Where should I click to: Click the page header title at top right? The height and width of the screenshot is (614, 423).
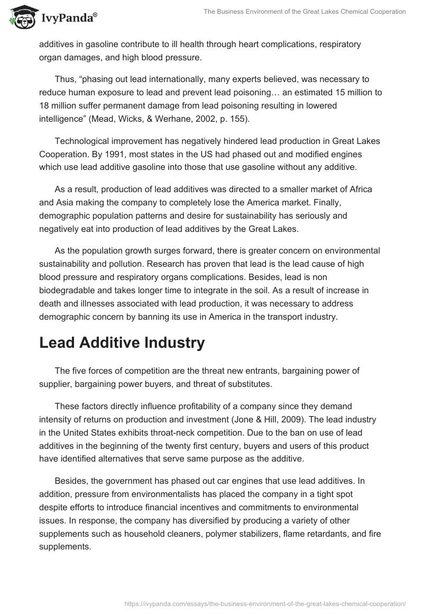305,12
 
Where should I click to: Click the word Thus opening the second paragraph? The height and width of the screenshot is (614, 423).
65,79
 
